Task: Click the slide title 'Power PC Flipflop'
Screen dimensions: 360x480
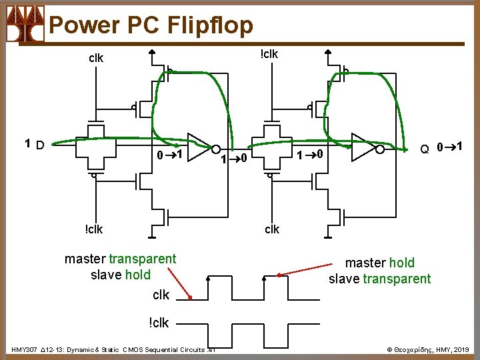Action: pos(151,25)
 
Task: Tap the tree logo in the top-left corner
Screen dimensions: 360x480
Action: pos(25,25)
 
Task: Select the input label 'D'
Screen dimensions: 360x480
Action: pos(40,145)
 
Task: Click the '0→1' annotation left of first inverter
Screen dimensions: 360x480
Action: pos(170,155)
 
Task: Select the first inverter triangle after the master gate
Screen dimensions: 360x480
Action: pos(198,147)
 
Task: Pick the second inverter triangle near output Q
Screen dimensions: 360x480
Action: pos(362,147)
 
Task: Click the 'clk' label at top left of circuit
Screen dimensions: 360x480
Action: pos(96,58)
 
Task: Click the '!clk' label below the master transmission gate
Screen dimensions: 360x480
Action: pos(94,229)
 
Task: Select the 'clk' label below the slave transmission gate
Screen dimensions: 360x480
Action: pos(272,229)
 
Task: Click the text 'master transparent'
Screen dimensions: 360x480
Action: pos(120,259)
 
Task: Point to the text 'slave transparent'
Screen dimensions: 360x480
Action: pos(380,279)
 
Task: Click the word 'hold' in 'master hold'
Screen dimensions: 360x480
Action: pos(402,263)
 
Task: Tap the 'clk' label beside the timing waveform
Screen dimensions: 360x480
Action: pos(161,294)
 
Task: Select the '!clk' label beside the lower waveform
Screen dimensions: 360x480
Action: pos(159,323)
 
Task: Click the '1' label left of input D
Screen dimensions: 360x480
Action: pos(27,143)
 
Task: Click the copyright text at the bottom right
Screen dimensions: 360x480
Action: pos(427,349)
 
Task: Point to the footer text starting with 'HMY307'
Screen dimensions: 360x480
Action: pos(113,349)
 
